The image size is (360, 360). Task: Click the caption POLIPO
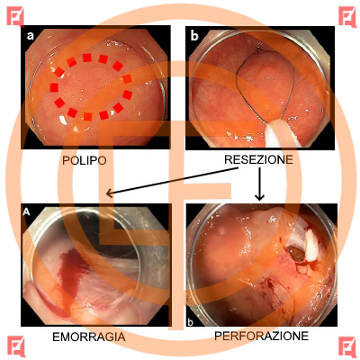pyautogui.click(x=85, y=160)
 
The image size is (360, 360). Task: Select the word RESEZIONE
pyautogui.click(x=258, y=159)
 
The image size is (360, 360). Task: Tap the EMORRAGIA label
pyautogui.click(x=89, y=337)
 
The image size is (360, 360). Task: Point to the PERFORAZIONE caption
pyautogui.click(x=261, y=336)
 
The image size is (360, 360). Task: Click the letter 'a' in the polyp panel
pyautogui.click(x=31, y=36)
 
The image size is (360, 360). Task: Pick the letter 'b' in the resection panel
pyautogui.click(x=194, y=36)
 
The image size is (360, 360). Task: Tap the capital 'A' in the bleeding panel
pyautogui.click(x=27, y=211)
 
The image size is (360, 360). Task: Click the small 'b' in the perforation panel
pyautogui.click(x=190, y=322)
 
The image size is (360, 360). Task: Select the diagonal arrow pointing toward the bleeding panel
pyautogui.click(x=172, y=182)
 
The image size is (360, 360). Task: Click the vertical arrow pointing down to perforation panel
pyautogui.click(x=259, y=184)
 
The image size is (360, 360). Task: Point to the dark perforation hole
pyautogui.click(x=297, y=254)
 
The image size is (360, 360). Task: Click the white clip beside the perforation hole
pyautogui.click(x=312, y=245)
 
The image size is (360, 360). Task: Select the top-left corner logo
pyautogui.click(x=15, y=16)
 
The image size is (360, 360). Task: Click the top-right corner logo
pyautogui.click(x=347, y=16)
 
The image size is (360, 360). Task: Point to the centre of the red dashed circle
pyautogui.click(x=91, y=87)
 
